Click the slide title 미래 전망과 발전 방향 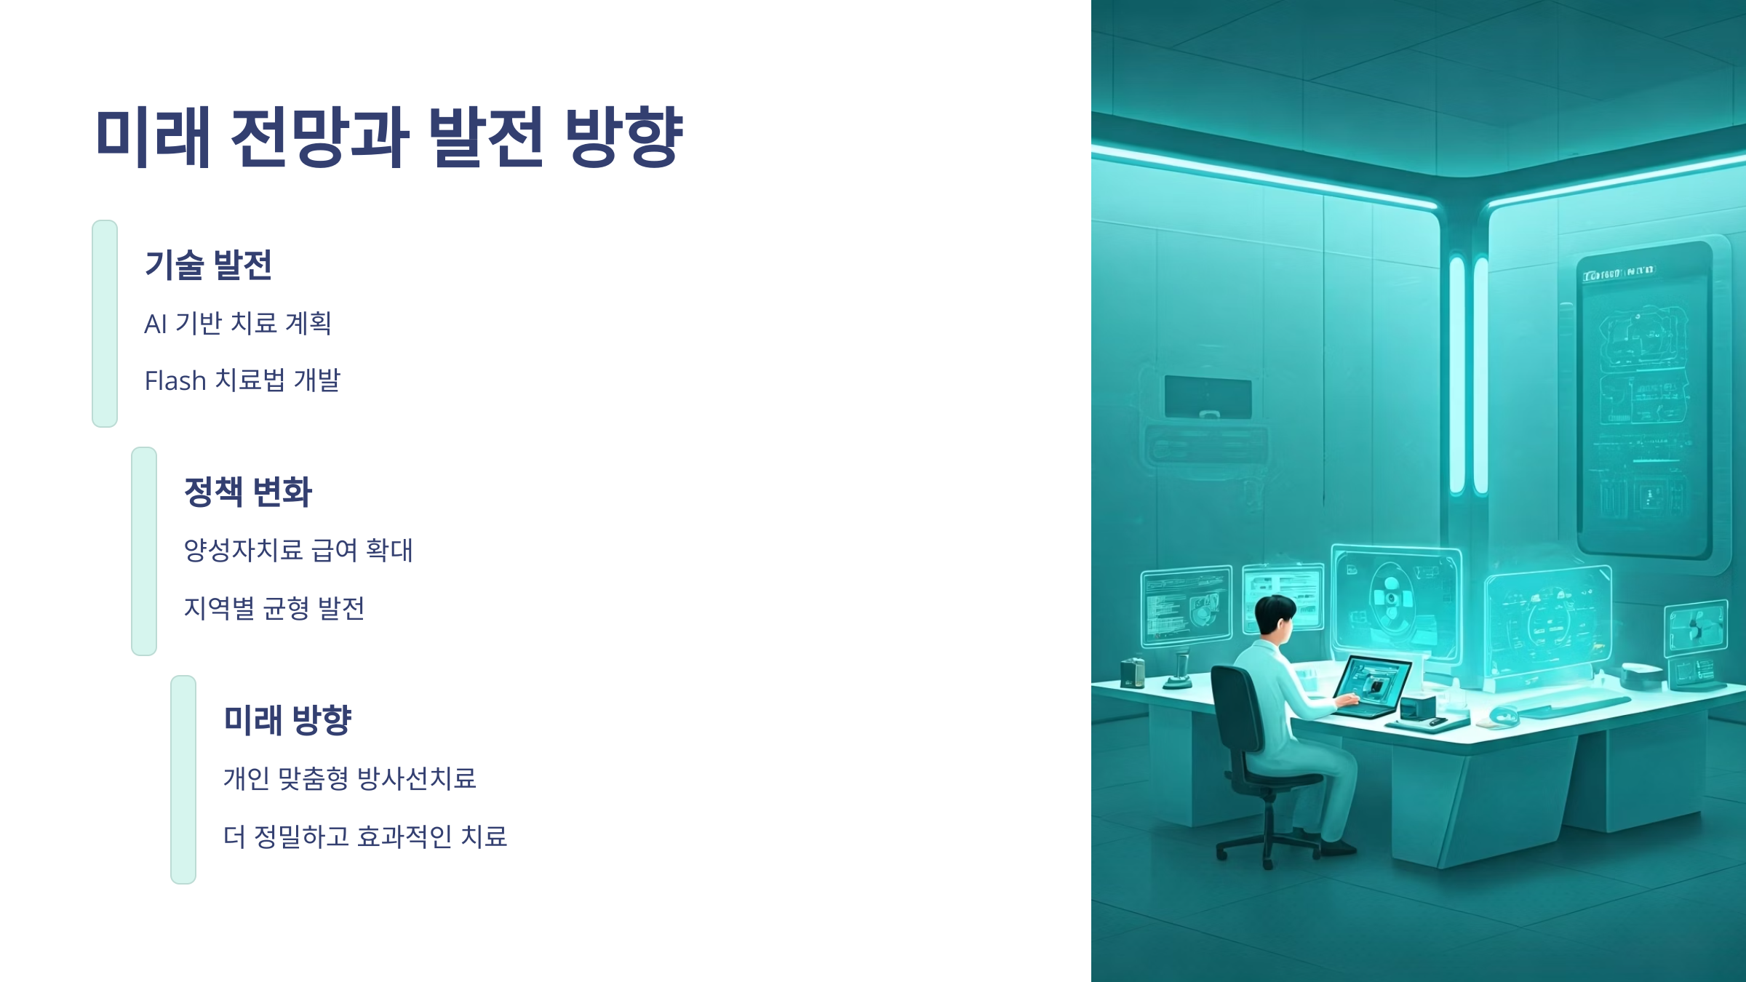click(388, 136)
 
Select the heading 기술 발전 click(208, 265)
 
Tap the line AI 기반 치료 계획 click(238, 323)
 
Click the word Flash click(175, 380)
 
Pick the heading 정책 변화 click(247, 492)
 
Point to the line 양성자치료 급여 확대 click(298, 550)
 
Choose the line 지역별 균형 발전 click(274, 608)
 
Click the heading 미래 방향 click(287, 720)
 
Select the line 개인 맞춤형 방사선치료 click(349, 778)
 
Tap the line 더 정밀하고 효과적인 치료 click(364, 837)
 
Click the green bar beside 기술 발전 click(105, 324)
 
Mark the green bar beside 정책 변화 click(144, 551)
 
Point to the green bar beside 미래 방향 click(183, 780)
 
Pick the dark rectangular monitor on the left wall click(1208, 397)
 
